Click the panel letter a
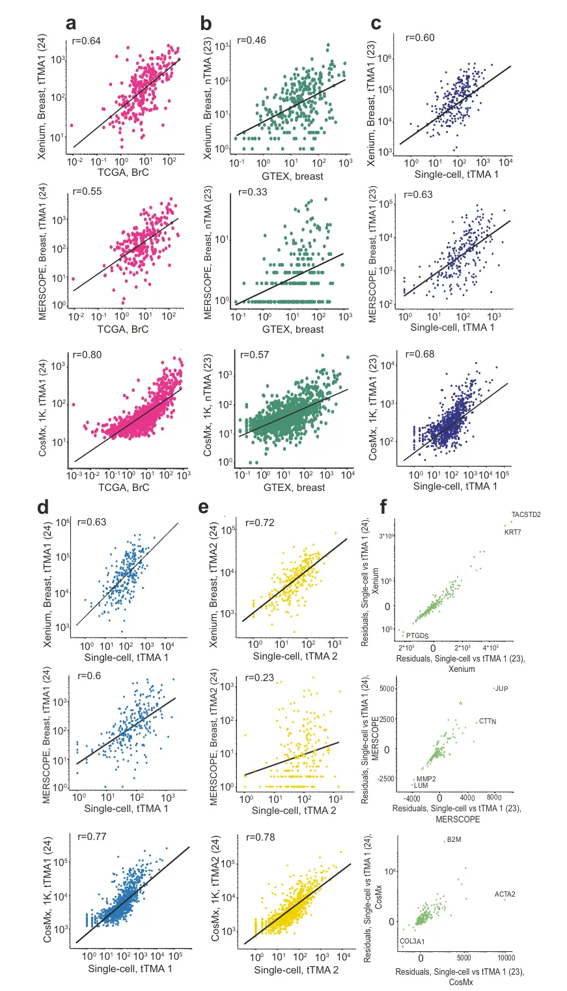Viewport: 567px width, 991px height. pyautogui.click(x=72, y=23)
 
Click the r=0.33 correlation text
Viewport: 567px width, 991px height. pyautogui.click(x=254, y=192)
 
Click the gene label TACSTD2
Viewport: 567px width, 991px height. pyautogui.click(x=525, y=514)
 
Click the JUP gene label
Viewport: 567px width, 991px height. pyautogui.click(x=501, y=688)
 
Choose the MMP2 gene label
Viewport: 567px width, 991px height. pyautogui.click(x=426, y=779)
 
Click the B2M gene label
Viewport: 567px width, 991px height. pyautogui.click(x=454, y=841)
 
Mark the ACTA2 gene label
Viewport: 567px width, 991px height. pyautogui.click(x=505, y=894)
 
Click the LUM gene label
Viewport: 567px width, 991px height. pyautogui.click(x=421, y=787)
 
